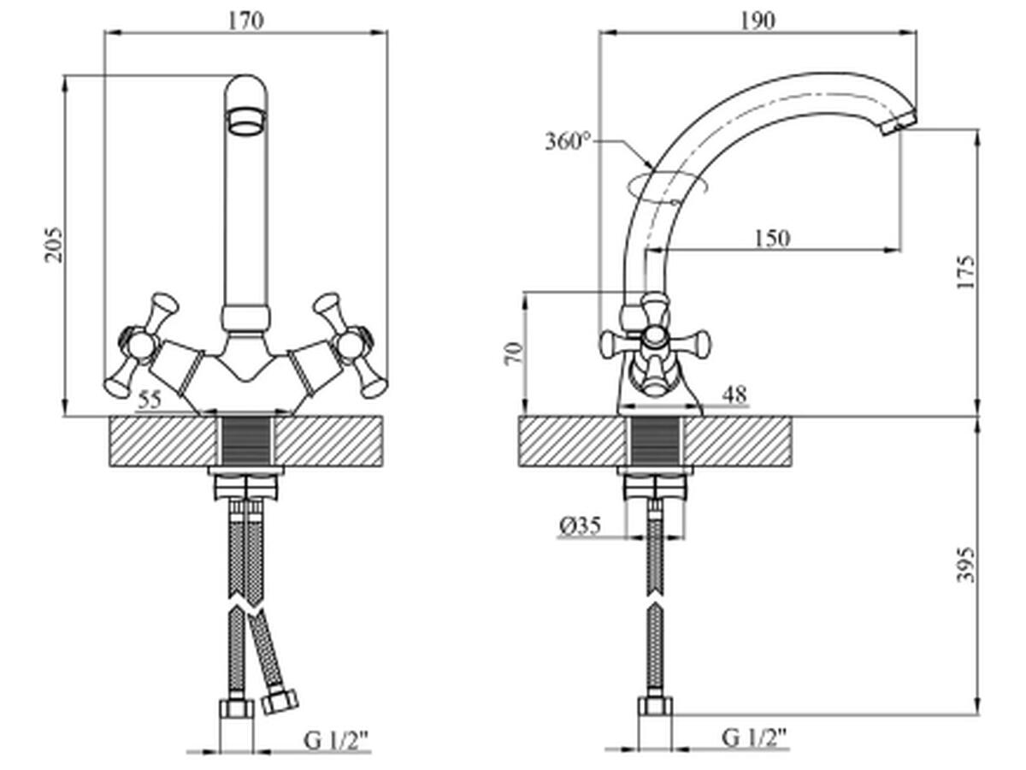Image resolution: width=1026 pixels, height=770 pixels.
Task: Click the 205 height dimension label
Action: click(x=53, y=245)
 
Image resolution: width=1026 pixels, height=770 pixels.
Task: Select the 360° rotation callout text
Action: click(x=569, y=140)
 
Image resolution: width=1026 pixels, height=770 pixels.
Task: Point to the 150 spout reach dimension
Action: click(x=772, y=239)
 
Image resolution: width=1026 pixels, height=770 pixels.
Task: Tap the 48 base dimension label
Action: click(x=734, y=394)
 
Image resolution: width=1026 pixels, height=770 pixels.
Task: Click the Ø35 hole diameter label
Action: click(x=581, y=526)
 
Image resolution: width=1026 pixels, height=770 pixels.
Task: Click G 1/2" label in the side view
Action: click(x=754, y=737)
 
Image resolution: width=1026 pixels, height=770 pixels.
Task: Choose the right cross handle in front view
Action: click(x=349, y=346)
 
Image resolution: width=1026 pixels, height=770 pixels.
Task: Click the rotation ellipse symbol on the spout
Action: click(x=666, y=187)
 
